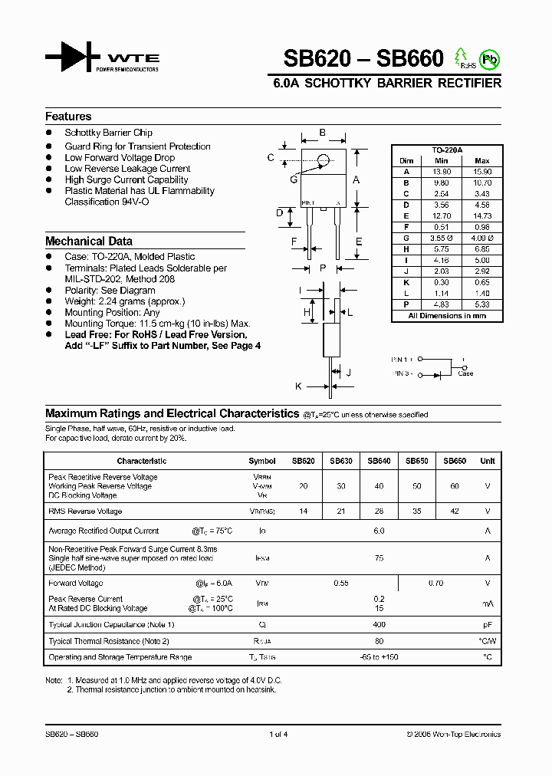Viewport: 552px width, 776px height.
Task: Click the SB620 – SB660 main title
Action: tap(363, 59)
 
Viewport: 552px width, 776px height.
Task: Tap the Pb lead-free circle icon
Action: tap(488, 58)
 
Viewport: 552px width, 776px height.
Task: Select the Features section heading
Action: tap(68, 117)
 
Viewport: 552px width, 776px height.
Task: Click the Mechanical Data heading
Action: tap(88, 241)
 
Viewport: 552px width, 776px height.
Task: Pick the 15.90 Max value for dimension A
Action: tap(482, 172)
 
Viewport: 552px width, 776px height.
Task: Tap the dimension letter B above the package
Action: tap(322, 133)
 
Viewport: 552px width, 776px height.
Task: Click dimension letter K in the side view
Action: tap(298, 386)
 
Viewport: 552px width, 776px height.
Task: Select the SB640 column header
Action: tap(379, 461)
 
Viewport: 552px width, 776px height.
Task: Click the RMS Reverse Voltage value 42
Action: tap(455, 511)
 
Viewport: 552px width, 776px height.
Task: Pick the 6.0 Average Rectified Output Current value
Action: tap(379, 531)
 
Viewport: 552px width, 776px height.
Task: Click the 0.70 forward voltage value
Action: tap(435, 584)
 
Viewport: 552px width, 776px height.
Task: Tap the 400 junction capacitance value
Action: tap(379, 625)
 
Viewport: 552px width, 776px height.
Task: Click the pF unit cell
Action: tap(487, 625)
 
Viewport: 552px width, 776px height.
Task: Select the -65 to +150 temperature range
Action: tap(379, 657)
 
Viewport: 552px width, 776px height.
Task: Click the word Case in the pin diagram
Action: tap(465, 373)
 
